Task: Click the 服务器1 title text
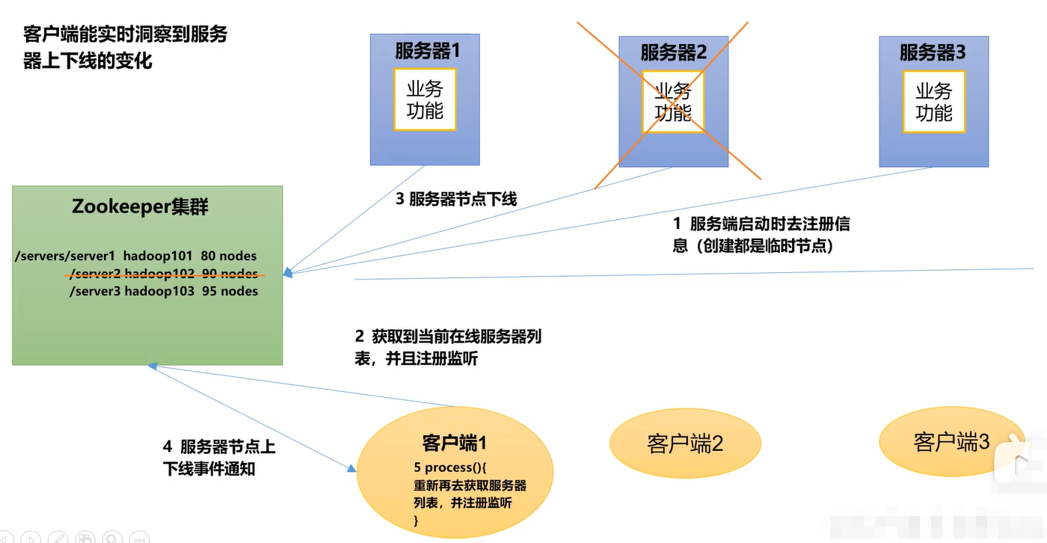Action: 425,52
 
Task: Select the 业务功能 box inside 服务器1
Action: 425,100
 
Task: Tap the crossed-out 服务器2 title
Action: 673,52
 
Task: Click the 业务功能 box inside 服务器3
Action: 933,102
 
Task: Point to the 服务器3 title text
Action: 933,52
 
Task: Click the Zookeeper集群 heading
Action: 140,206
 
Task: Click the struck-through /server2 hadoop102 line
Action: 163,274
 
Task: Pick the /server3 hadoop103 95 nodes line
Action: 163,291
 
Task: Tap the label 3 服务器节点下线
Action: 456,199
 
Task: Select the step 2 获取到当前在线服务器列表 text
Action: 448,347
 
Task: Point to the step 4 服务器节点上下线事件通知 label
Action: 219,458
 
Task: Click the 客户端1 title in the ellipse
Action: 455,443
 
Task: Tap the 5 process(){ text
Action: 450,467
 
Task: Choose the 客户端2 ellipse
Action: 685,444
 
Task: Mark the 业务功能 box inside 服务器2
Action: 673,102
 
